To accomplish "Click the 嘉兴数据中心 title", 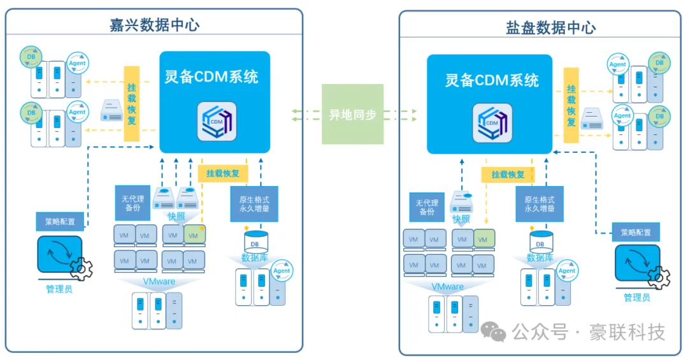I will click(155, 25).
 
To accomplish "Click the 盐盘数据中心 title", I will click(550, 27).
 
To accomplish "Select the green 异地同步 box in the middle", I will click(352, 115).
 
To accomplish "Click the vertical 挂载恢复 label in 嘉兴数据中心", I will click(132, 103).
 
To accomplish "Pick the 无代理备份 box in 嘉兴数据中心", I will click(133, 203).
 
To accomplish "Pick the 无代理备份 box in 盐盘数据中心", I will click(427, 207).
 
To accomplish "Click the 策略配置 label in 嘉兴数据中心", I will click(60, 222).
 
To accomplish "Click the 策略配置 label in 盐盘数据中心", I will click(636, 233).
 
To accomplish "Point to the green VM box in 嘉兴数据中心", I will click(194, 235).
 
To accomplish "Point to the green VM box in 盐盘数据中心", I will click(484, 240).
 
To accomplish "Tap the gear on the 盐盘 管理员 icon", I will click(659, 278).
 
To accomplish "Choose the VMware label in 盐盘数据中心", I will click(446, 287).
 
